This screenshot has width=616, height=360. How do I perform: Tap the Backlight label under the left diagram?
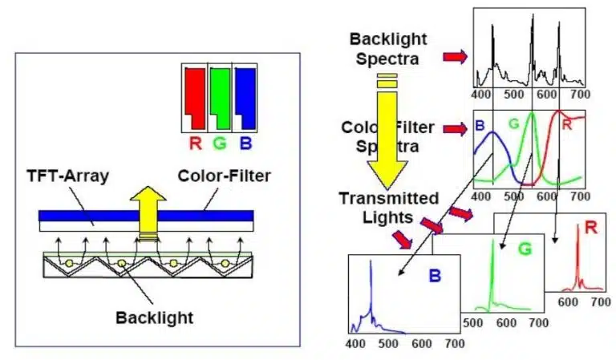coord(153,318)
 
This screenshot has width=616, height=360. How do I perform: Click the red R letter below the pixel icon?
coord(195,146)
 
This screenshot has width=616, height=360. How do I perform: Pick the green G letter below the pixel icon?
coord(220,146)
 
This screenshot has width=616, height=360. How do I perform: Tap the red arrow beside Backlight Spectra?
coord(455,57)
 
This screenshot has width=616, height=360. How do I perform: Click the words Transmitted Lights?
coord(388,206)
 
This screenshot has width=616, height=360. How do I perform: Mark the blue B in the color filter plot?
coord(480,126)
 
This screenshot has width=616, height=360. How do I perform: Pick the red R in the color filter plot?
coord(566,123)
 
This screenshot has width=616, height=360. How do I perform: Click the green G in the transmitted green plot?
coord(525,249)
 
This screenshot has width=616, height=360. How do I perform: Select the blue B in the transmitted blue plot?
coord(434,277)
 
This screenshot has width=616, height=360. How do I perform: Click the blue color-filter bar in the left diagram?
coord(80,216)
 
